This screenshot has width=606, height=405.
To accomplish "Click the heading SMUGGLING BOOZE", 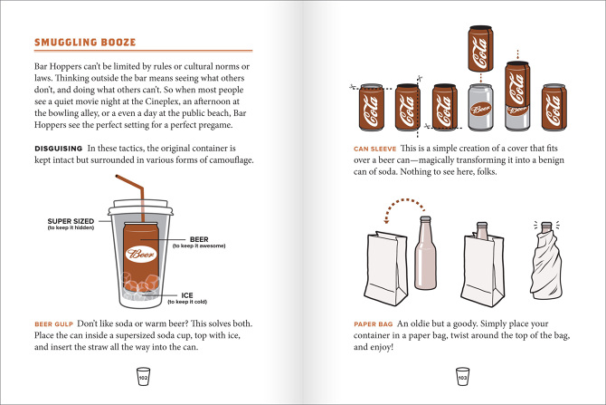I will (85, 42).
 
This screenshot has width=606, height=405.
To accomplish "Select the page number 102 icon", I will (141, 376).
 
